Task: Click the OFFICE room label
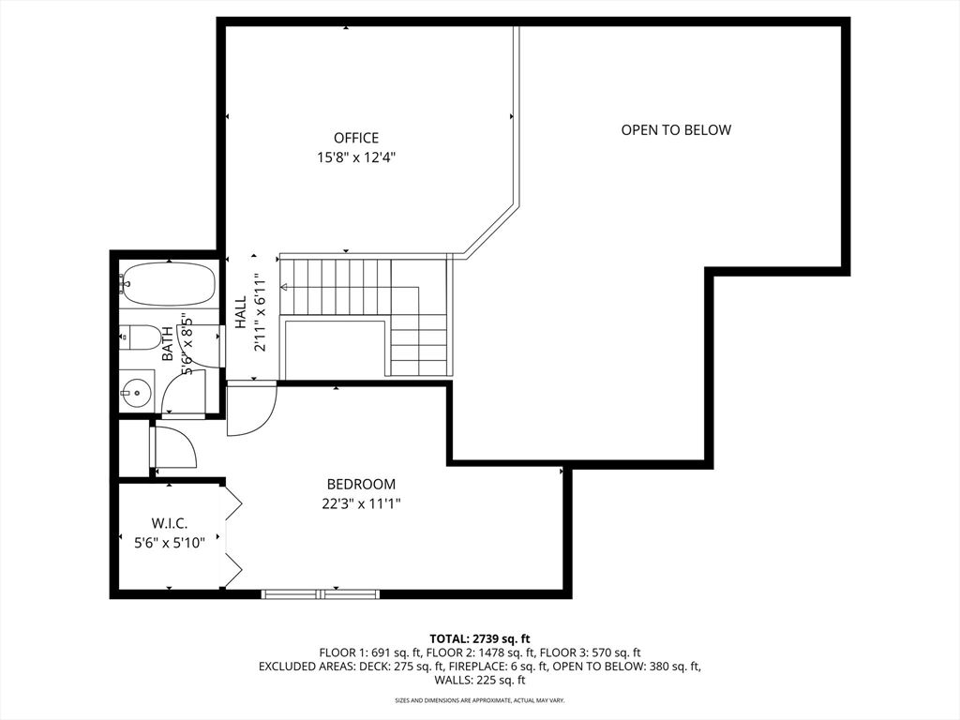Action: click(356, 138)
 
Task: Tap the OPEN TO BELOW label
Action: click(676, 130)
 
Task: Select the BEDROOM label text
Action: click(361, 485)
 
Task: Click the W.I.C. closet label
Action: click(171, 523)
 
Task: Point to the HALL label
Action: click(240, 314)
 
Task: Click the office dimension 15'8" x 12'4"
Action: click(356, 158)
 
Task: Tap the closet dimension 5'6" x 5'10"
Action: click(171, 541)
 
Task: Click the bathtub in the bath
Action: click(169, 284)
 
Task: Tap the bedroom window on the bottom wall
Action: click(321, 593)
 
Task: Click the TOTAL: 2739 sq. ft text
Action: click(479, 638)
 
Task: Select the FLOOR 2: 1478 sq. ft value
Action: click(480, 652)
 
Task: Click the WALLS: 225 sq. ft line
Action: click(479, 681)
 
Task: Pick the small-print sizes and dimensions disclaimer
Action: click(479, 700)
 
